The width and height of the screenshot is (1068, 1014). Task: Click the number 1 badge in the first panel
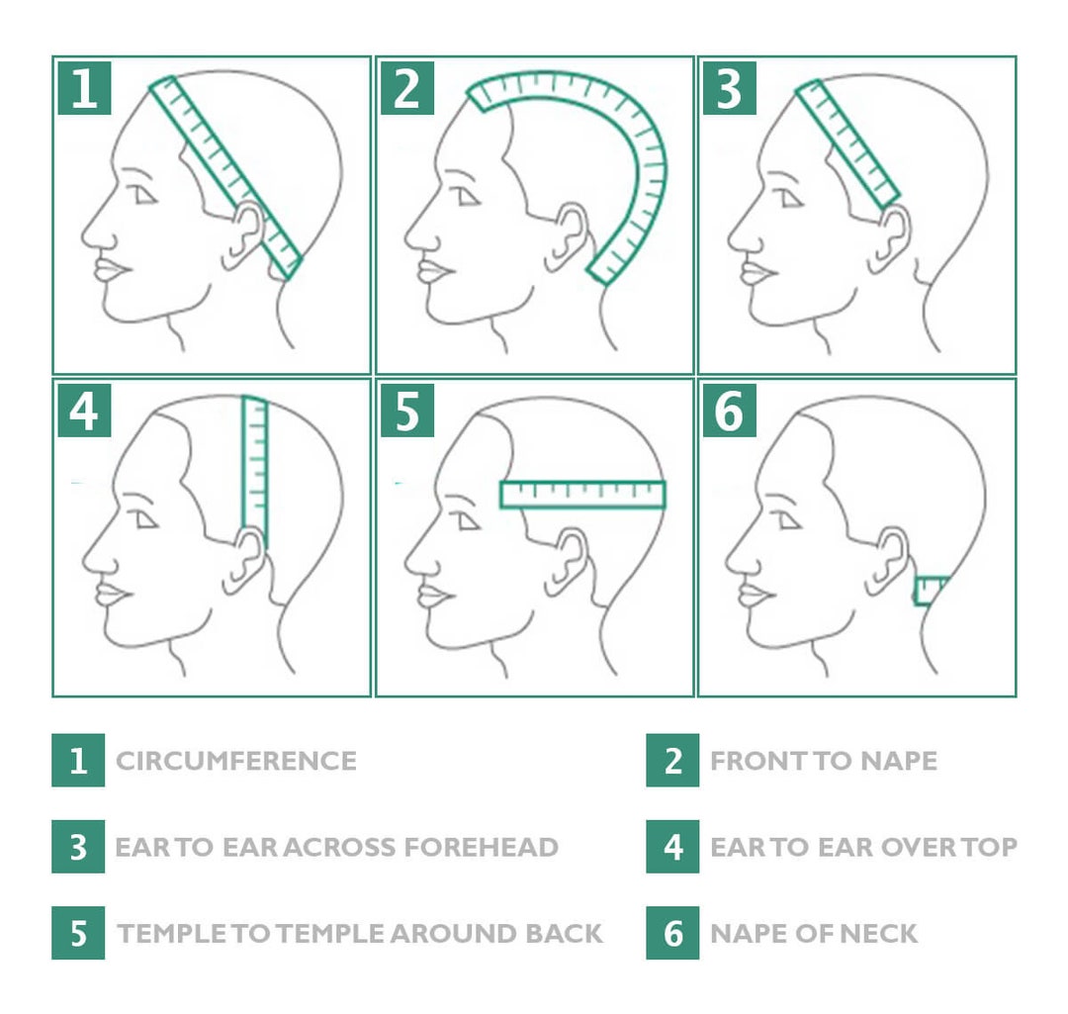pyautogui.click(x=84, y=88)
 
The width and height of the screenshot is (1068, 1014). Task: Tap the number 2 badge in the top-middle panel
pyautogui.click(x=406, y=88)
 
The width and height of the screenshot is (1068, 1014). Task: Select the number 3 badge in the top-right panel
pyautogui.click(x=729, y=88)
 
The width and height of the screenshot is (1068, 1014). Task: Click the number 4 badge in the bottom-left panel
pyautogui.click(x=84, y=411)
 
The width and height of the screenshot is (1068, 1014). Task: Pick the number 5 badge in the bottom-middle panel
pyautogui.click(x=406, y=411)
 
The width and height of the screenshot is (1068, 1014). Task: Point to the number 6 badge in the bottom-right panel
pyautogui.click(x=729, y=411)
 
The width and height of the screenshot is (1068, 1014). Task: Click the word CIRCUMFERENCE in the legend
pyautogui.click(x=236, y=761)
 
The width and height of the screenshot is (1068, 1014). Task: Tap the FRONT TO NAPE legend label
pyautogui.click(x=823, y=761)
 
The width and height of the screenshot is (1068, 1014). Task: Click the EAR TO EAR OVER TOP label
pyautogui.click(x=862, y=848)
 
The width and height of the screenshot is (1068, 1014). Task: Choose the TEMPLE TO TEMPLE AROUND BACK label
pyautogui.click(x=360, y=933)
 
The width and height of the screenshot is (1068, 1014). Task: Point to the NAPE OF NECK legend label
pyautogui.click(x=813, y=933)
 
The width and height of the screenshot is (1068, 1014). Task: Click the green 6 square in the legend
pyautogui.click(x=672, y=933)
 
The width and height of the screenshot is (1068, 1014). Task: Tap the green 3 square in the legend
pyautogui.click(x=78, y=848)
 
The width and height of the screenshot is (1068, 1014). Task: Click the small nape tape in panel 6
pyautogui.click(x=930, y=591)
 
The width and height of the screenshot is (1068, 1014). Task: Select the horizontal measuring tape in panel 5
pyautogui.click(x=582, y=494)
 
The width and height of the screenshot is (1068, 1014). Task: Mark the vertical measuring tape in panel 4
pyautogui.click(x=255, y=465)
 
